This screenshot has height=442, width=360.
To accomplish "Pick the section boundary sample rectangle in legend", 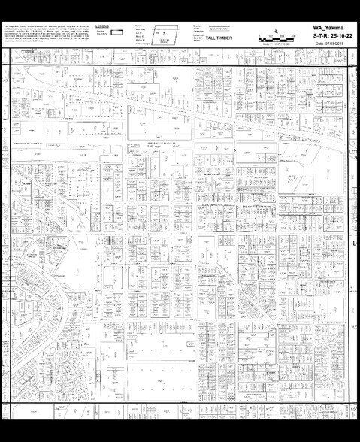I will point(118,33).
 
